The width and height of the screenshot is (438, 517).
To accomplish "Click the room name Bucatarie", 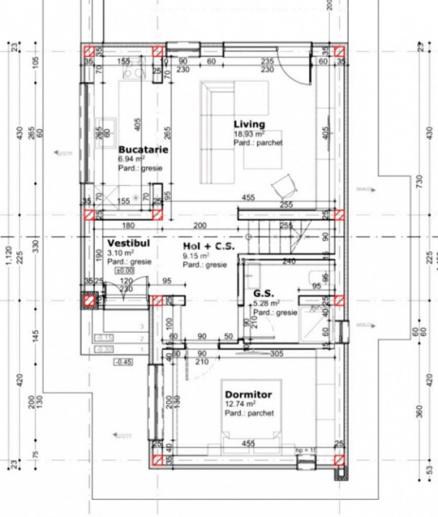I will click(x=143, y=149).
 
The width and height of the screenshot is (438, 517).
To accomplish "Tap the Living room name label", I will click(x=249, y=125).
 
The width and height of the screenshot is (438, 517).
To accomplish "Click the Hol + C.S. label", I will click(x=209, y=246).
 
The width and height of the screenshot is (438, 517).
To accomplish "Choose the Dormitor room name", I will click(x=248, y=394).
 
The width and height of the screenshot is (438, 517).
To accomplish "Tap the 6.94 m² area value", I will click(x=133, y=160).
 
